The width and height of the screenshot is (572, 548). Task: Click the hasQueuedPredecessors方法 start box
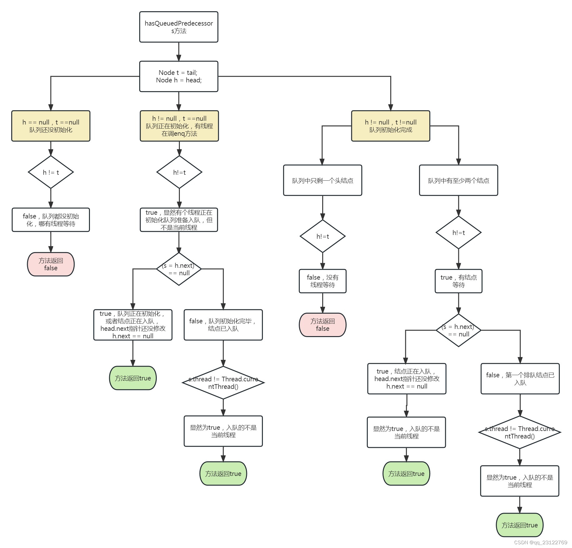coord(179,27)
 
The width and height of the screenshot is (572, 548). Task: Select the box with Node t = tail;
coord(179,76)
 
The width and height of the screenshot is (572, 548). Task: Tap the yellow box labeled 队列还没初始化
coord(51,126)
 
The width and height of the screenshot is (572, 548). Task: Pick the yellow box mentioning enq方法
coord(179,126)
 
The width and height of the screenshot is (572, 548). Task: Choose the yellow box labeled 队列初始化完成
coord(391,126)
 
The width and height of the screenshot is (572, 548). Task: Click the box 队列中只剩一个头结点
coord(323,180)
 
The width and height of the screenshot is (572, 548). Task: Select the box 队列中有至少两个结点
coord(458,180)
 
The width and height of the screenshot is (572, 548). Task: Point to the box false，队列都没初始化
coord(51,220)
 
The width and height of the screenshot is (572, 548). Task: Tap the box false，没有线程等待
coord(323,281)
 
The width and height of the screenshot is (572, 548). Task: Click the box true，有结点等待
coord(458,281)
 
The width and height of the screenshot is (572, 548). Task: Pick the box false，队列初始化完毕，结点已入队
coord(223,325)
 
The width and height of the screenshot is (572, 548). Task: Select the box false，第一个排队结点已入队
coord(520,379)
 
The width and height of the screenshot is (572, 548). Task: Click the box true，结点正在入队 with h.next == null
coord(407,379)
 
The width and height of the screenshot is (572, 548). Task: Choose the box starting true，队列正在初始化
coord(133,325)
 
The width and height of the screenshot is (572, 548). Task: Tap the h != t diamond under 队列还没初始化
coord(51,172)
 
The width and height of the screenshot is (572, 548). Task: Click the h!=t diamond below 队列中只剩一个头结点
coord(323,236)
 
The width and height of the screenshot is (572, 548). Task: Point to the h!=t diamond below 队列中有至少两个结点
coord(458,232)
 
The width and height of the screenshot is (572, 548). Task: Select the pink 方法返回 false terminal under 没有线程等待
coord(323,325)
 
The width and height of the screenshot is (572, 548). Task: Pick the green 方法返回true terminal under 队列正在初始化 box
coord(133,378)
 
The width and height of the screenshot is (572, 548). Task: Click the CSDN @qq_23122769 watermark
coord(540,542)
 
